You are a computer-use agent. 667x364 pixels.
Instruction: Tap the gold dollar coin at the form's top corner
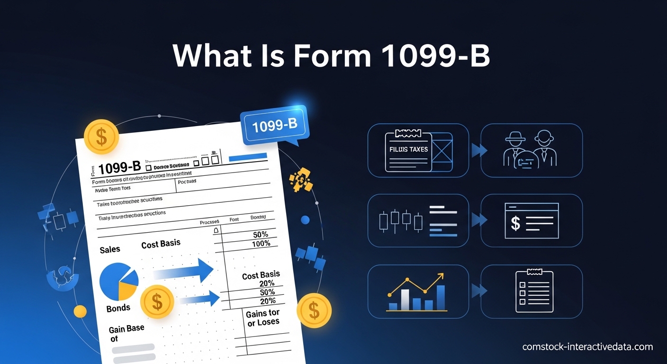point(101,136)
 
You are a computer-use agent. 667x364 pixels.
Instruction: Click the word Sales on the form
point(110,249)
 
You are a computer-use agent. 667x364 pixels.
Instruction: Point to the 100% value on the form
point(261,243)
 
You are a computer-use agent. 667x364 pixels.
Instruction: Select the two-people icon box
point(532,150)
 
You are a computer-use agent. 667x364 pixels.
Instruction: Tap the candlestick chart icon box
point(418,220)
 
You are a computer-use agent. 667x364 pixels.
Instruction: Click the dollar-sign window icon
point(532,220)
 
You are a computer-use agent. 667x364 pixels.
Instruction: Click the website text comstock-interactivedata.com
point(587,347)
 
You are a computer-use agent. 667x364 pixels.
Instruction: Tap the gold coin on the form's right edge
point(314,310)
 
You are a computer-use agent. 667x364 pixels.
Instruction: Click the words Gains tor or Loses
point(263,318)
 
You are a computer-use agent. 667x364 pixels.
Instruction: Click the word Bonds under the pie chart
point(118,308)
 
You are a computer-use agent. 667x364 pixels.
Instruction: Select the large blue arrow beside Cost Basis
point(185,272)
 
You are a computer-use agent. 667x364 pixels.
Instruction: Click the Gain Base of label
point(126,334)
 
